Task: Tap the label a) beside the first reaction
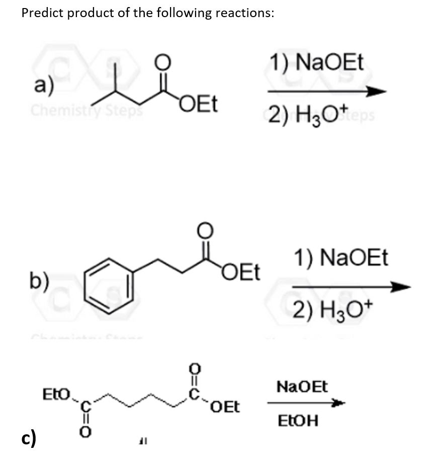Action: (44, 86)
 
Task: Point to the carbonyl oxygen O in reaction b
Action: (207, 230)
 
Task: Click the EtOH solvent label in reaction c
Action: (299, 421)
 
